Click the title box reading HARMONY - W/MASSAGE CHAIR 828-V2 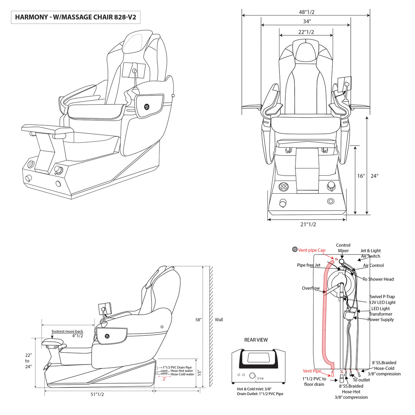(76, 17)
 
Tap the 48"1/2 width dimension (306, 12)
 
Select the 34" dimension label (307, 21)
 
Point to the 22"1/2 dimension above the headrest (306, 32)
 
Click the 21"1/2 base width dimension (308, 224)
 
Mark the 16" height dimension (361, 176)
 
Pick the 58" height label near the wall (198, 320)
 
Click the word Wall (219, 320)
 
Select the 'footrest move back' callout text (67, 331)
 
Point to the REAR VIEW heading (256, 340)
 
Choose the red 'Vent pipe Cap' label (312, 250)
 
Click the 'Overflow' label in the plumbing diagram (311, 288)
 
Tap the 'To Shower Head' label (378, 279)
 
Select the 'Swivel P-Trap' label (382, 296)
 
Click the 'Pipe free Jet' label (308, 265)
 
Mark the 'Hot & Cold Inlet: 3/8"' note (254, 389)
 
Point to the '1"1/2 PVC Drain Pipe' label (177, 367)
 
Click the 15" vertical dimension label (200, 373)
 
